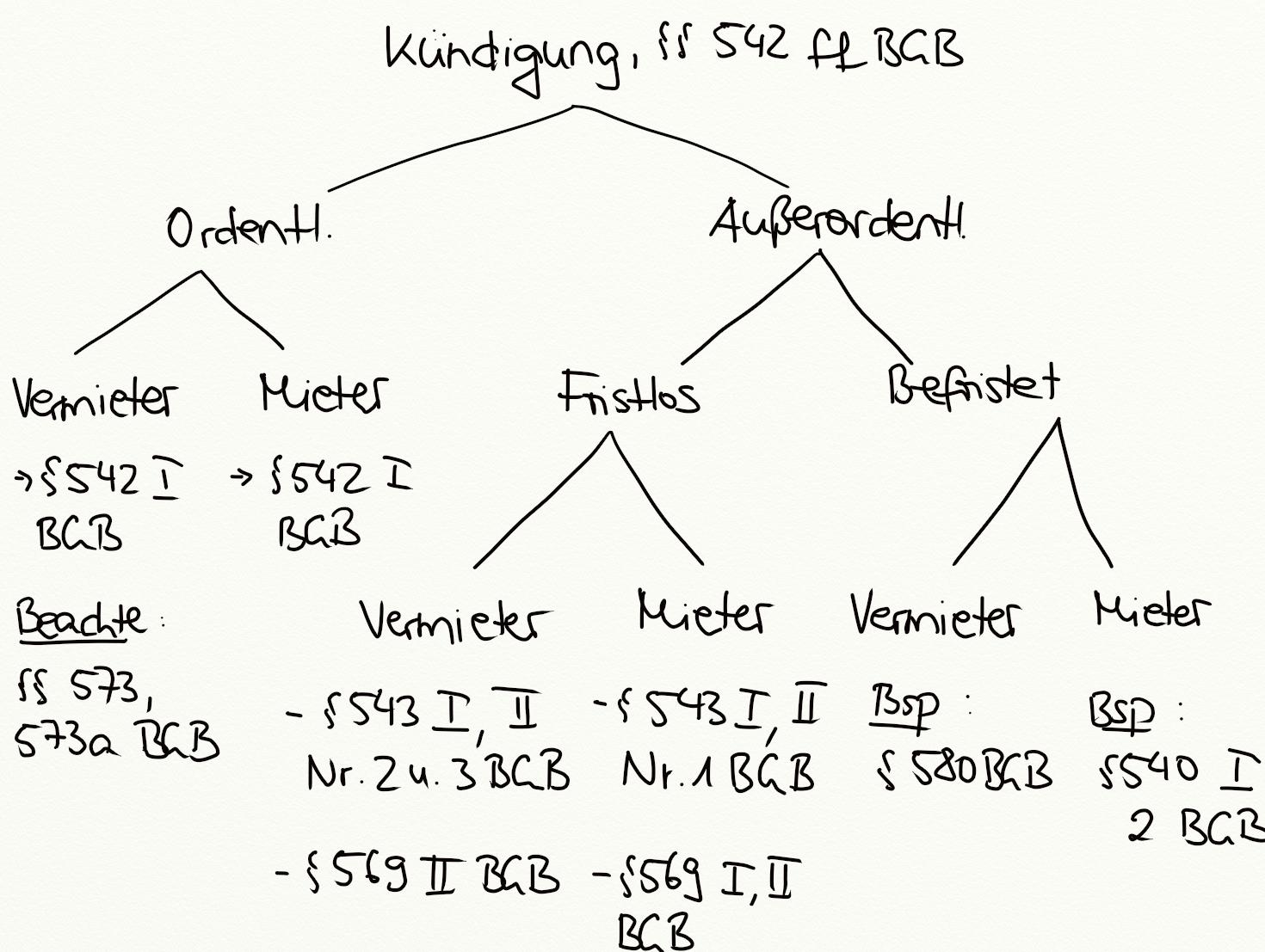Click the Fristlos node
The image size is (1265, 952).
(629, 394)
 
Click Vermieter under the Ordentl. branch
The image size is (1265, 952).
(95, 399)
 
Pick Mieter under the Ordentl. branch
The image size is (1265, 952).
(324, 395)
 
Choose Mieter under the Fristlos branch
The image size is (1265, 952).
(703, 614)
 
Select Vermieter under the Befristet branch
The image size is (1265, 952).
(935, 617)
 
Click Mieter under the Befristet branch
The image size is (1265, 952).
(1151, 611)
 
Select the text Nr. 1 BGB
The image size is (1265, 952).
(718, 773)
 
